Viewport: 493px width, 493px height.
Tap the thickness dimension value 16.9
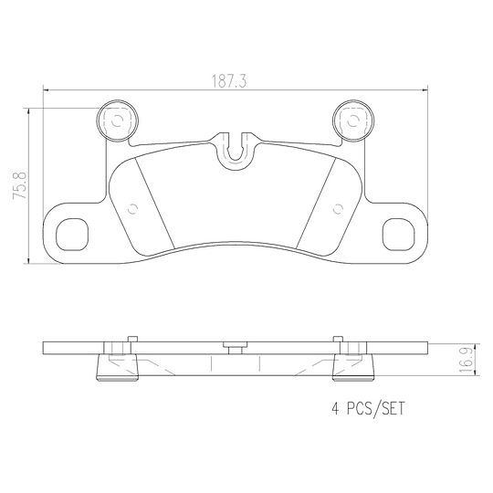(x=466, y=359)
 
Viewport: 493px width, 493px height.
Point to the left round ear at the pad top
(x=116, y=121)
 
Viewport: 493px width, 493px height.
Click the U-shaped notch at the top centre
(x=236, y=151)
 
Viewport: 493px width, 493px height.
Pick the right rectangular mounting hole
(x=398, y=234)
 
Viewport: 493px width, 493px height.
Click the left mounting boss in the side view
(x=116, y=367)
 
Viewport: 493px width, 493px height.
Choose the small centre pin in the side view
(x=235, y=346)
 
